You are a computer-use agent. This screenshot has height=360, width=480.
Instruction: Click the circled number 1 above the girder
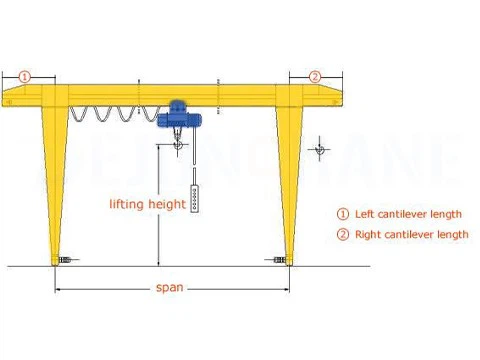tap(26, 76)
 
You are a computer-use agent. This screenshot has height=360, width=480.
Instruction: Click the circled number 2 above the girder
tap(315, 76)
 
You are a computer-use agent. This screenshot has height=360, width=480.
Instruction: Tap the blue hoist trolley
tap(179, 109)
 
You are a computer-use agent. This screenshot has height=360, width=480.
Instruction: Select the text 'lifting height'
tap(147, 204)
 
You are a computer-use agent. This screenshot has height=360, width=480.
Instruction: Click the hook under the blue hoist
tap(176, 146)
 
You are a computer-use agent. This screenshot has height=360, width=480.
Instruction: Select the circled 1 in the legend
tap(341, 214)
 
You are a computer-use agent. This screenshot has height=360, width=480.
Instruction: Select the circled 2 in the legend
tap(341, 234)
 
